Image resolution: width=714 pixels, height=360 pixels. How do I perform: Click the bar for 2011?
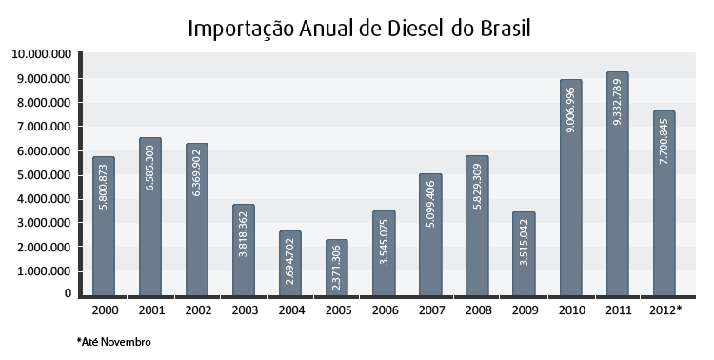pos(617,184)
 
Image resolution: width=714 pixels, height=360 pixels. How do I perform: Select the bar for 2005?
pos(336,268)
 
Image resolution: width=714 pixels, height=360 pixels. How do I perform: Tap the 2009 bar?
pos(524,253)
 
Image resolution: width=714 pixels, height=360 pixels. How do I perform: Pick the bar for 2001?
pos(150,216)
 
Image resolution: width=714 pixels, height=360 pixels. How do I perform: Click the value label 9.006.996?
pos(570,110)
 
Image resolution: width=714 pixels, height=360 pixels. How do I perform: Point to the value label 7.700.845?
pos(664,141)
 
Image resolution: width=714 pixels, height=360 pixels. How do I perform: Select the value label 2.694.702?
pos(290,261)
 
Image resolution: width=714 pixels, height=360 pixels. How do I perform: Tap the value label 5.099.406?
pos(430,204)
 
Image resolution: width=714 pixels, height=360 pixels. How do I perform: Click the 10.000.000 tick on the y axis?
pos(42,54)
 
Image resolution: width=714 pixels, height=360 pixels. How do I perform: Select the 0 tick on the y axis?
pos(68,293)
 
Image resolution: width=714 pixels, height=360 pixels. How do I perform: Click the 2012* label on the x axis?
pos(665,310)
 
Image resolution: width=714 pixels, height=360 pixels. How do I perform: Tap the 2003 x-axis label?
pos(245,310)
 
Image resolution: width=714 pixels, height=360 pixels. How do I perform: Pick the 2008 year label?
pos(478,310)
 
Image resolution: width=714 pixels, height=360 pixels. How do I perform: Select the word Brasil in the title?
pos(506,29)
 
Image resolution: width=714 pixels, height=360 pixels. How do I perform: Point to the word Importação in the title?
pos(241,30)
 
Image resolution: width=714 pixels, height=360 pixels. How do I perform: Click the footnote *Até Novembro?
pos(114,341)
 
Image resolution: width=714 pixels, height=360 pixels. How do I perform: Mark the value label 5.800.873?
pos(104,187)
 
